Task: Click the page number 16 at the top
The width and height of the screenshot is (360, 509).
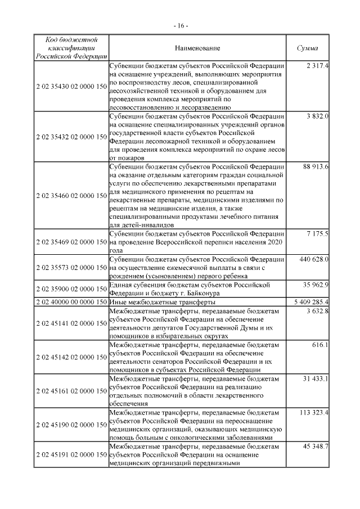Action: tap(180, 26)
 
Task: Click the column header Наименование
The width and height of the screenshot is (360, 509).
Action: tap(197, 49)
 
